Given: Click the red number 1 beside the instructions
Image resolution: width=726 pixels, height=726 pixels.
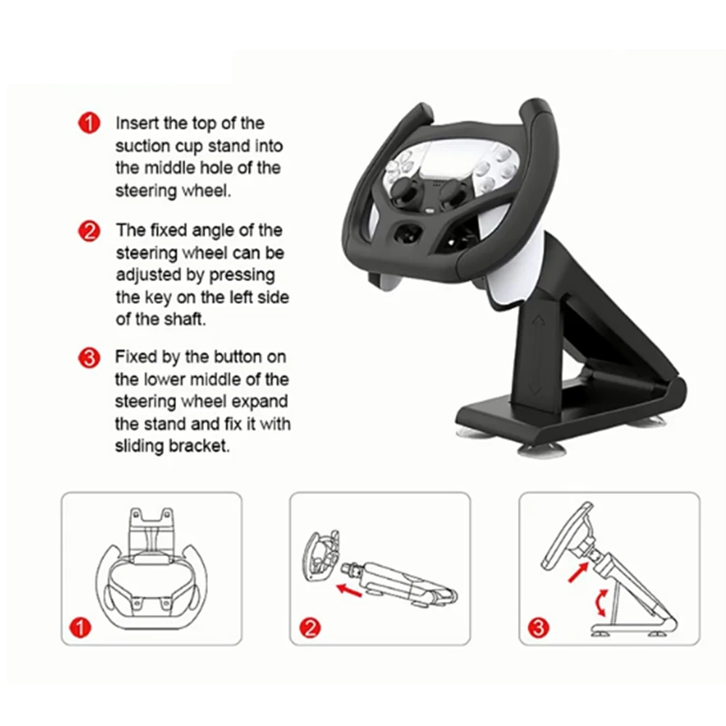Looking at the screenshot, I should coord(88,123).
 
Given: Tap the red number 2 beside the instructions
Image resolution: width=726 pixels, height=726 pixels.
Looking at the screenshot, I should coord(88,231).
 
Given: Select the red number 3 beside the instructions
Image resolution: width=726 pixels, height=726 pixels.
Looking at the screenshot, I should coord(88,358).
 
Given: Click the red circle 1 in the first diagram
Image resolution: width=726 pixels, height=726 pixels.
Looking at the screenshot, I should coord(84,627).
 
